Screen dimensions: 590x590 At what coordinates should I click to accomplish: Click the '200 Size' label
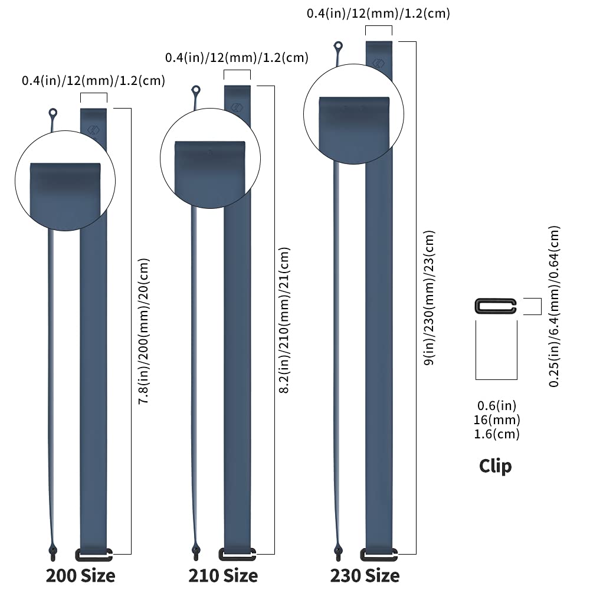(80, 576)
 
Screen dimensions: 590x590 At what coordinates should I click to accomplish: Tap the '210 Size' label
(223, 576)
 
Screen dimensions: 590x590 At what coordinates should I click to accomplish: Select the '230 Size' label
(365, 576)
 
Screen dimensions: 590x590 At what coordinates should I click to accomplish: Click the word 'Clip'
(495, 467)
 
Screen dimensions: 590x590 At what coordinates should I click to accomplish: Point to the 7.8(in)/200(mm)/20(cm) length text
(144, 331)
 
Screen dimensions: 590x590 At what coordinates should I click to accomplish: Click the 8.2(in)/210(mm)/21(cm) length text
(284, 320)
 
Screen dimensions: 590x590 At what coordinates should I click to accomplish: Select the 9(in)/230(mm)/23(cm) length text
(429, 297)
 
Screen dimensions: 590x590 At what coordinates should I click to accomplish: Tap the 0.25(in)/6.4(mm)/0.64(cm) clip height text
(554, 306)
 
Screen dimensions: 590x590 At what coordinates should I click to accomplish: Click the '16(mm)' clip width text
(497, 419)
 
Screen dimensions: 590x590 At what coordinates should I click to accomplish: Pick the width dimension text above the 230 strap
(378, 14)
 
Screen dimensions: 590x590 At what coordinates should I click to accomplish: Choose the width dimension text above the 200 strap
(93, 80)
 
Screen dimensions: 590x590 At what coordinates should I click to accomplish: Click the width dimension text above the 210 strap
(237, 58)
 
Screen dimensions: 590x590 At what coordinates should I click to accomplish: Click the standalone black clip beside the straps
(495, 306)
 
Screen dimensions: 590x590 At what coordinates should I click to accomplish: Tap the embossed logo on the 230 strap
(379, 63)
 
